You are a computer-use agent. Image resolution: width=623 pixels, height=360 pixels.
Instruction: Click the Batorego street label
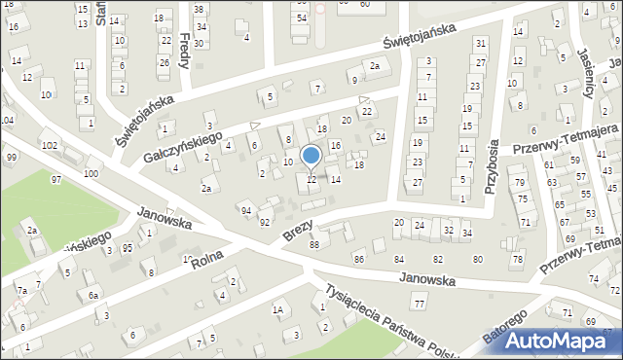(x=504, y=330)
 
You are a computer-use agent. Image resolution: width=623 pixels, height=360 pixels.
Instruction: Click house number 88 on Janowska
(x=313, y=244)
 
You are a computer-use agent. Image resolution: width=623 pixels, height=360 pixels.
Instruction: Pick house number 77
(x=420, y=305)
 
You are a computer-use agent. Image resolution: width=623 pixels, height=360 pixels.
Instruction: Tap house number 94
(x=245, y=210)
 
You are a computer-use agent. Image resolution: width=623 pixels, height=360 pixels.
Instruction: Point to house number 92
(x=264, y=223)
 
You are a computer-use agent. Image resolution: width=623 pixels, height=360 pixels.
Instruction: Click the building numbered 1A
(x=277, y=310)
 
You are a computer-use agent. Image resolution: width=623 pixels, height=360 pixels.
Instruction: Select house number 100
(x=91, y=173)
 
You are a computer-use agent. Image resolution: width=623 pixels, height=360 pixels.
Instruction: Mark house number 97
(x=56, y=180)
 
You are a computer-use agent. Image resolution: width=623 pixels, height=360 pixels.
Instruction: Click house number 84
(x=398, y=259)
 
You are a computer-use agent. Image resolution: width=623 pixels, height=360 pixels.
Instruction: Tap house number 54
(x=302, y=18)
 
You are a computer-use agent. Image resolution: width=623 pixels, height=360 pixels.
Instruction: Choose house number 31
(x=480, y=45)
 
